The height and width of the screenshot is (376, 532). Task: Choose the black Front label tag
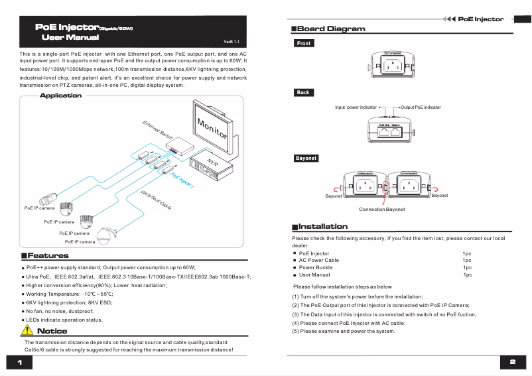[x=304, y=44]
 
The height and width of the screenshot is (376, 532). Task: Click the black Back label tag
[x=303, y=93]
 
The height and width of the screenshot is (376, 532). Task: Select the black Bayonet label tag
[x=306, y=158]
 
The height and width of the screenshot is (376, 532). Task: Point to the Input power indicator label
[x=356, y=107]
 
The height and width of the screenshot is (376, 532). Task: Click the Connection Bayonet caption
[x=381, y=209]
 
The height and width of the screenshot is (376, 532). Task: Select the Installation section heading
[x=322, y=226]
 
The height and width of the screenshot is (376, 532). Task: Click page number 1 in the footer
[x=20, y=362]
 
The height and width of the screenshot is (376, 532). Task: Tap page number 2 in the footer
[x=513, y=362]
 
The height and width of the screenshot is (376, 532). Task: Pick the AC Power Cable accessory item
[x=319, y=260]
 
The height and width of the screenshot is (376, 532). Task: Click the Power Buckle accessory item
[x=316, y=267]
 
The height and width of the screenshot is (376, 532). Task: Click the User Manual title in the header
[x=70, y=38]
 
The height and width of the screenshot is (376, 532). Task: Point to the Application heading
[x=60, y=95]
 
